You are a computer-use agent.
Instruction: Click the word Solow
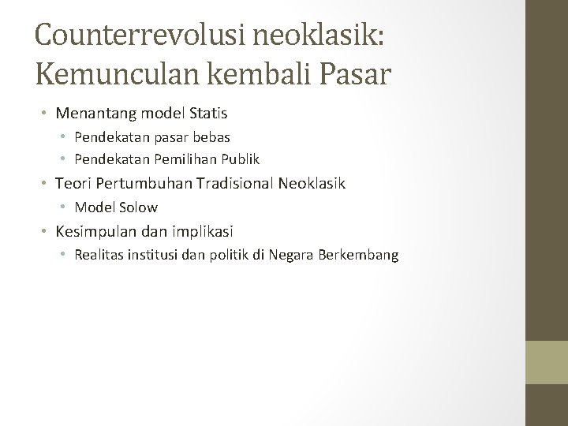pos(138,208)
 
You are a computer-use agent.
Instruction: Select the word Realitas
pos(98,255)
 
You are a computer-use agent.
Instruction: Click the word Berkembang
pos(362,255)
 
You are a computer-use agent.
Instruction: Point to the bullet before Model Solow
pos(65,208)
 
